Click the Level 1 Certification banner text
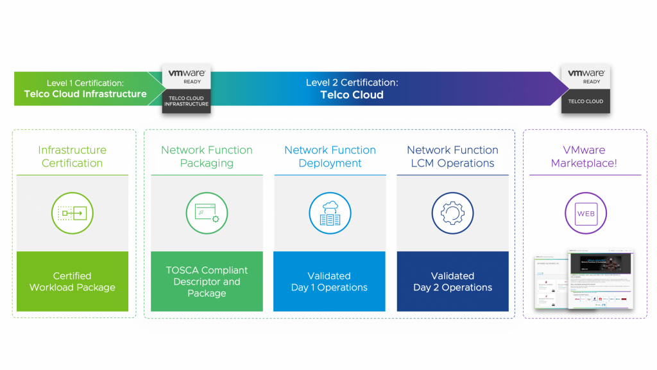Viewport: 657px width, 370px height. pos(85,89)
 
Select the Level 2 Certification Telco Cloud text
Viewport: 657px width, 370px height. pos(352,89)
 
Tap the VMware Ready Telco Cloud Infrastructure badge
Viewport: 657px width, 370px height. pos(185,89)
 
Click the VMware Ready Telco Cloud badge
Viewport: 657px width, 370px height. pos(585,89)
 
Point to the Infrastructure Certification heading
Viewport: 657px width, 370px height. pos(72,157)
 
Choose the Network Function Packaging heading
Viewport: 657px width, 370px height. pos(207,157)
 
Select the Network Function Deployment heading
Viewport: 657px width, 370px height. pos(330,157)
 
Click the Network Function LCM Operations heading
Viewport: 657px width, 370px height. pos(452,157)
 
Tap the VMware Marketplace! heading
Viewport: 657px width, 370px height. pos(584,157)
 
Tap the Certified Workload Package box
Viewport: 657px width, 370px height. pos(72,281)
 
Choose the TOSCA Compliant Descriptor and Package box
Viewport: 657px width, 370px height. pos(207,281)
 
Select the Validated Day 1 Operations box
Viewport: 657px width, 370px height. pos(330,281)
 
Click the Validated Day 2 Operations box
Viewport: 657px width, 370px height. pos(452,281)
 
